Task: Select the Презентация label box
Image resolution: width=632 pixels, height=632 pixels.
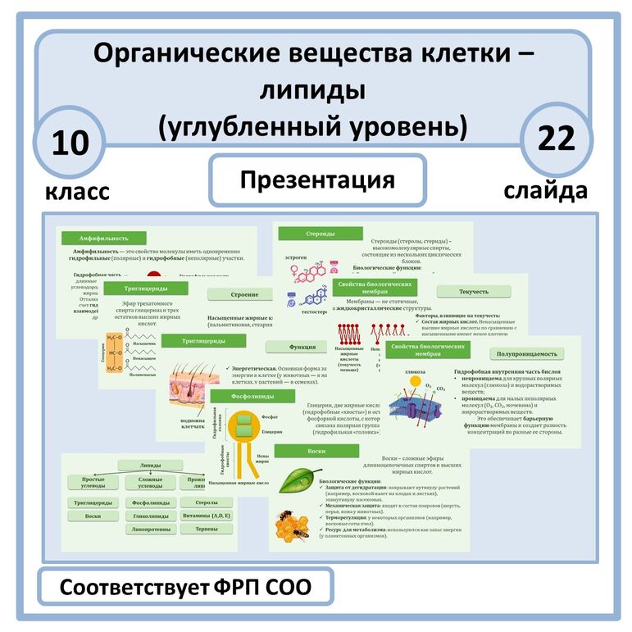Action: [x=317, y=180]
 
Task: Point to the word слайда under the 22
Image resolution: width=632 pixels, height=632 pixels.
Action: [x=545, y=191]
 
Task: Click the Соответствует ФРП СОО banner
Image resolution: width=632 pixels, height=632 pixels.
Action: [x=186, y=589]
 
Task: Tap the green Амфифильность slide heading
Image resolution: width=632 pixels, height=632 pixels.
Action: [x=102, y=238]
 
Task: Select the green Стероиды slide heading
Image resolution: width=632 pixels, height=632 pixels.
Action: [x=308, y=234]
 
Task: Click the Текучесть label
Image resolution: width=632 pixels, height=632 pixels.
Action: [x=474, y=292]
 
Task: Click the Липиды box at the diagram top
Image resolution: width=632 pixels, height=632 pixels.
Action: [x=150, y=465]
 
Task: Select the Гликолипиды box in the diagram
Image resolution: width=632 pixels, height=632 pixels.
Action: [x=150, y=516]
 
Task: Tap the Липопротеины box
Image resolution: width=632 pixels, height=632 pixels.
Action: [x=150, y=530]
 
